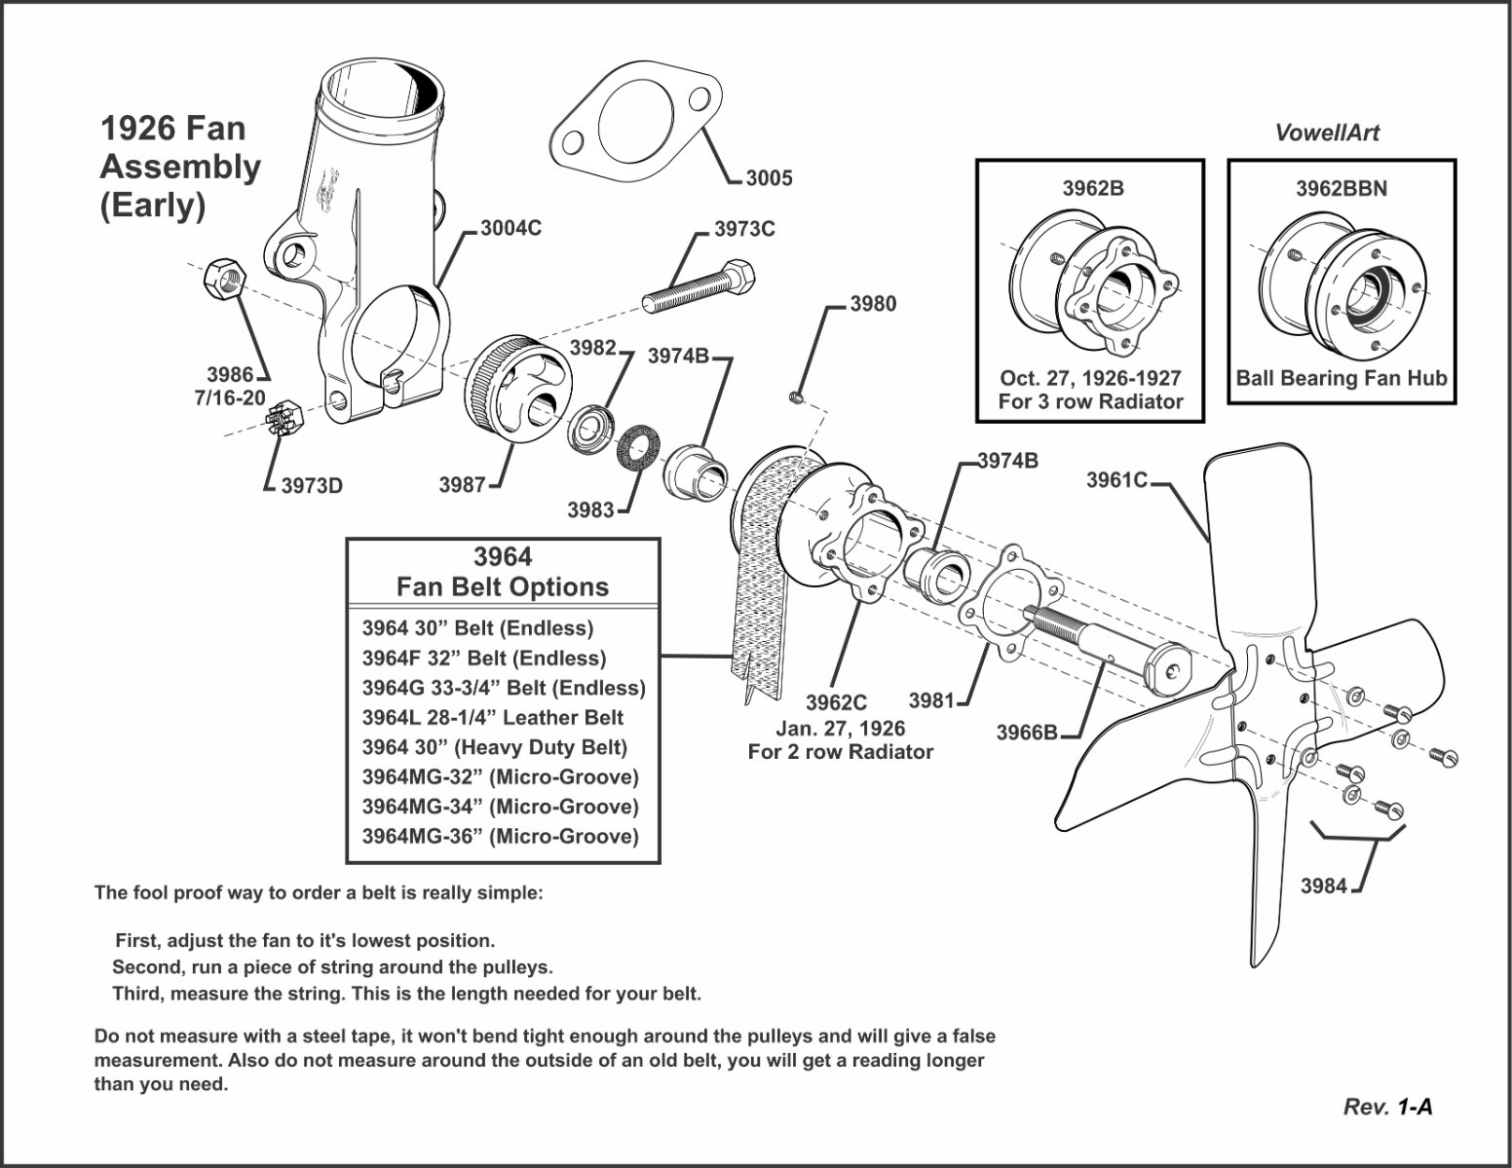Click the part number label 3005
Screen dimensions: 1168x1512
click(769, 178)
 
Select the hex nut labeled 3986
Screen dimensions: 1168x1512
click(226, 281)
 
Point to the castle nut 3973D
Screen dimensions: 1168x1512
click(285, 421)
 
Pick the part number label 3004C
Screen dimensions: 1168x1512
click(510, 229)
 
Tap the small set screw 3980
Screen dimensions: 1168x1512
click(796, 396)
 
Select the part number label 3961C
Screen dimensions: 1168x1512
click(1116, 479)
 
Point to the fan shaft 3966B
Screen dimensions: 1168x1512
click(1111, 645)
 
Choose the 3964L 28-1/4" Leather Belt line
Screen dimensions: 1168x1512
click(492, 718)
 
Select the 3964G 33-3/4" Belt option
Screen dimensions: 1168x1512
click(503, 688)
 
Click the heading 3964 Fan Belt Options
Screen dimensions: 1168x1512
click(503, 572)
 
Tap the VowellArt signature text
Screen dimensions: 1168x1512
click(1327, 133)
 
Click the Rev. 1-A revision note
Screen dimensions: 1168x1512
click(1387, 1107)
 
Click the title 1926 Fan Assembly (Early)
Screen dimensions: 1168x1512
click(179, 167)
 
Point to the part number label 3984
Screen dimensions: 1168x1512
click(1323, 885)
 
